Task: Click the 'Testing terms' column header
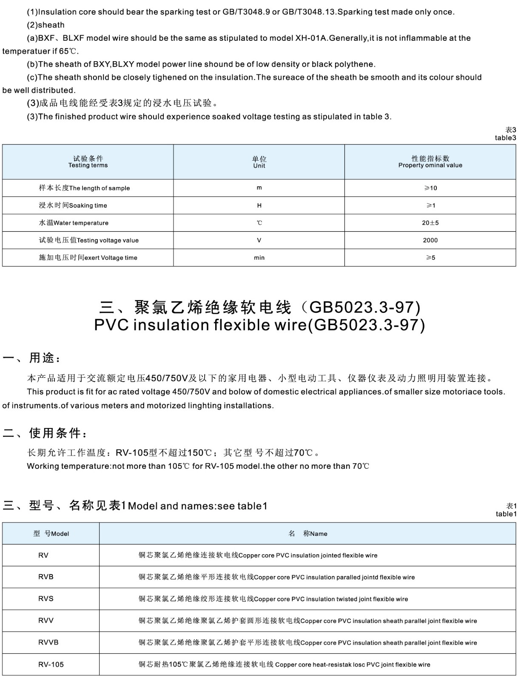88,162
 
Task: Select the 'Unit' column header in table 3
259,162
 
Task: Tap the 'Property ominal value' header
430,162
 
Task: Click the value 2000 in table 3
430,240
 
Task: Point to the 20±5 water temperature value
430,223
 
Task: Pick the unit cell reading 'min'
259,258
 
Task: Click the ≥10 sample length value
430,188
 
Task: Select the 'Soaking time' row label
73,205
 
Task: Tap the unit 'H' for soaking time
259,205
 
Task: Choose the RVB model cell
46,577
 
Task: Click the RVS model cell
46,598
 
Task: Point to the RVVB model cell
48,642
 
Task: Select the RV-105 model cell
51,664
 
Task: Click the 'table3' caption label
505,138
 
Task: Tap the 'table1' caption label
506,514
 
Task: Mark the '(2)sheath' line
46,25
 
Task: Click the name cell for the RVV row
307,620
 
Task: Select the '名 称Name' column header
307,533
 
